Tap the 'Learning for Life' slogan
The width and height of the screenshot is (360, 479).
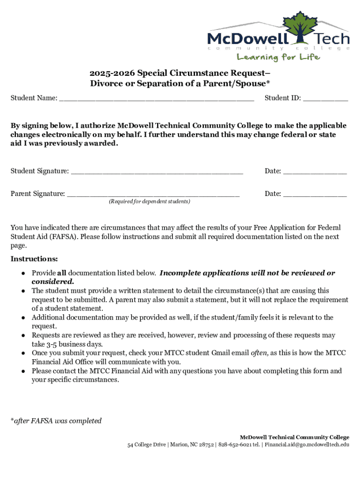tap(278, 57)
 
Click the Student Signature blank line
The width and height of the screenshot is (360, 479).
tap(157, 172)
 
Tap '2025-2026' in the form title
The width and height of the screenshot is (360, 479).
tap(110, 73)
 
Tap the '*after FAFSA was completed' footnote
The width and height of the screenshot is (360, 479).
tap(56, 421)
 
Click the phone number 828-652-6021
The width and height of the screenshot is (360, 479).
tap(236, 445)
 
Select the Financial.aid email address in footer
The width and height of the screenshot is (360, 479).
tap(307, 445)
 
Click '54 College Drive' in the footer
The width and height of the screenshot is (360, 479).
tap(146, 445)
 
